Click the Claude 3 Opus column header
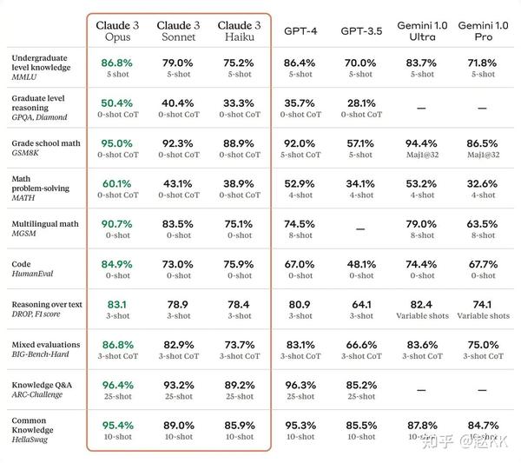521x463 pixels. click(117, 30)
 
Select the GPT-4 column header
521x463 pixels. click(300, 30)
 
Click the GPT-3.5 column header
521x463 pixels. click(360, 30)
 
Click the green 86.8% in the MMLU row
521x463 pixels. click(117, 63)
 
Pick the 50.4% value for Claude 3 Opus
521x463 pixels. click(117, 103)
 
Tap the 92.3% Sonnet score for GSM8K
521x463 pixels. click(178, 143)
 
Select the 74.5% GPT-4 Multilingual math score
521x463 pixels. click(300, 223)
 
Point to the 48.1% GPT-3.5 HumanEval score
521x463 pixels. click(360, 264)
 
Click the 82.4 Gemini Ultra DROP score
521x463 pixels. click(421, 304)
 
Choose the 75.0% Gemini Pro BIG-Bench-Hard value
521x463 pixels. click(483, 345)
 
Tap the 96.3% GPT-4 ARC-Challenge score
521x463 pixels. click(300, 385)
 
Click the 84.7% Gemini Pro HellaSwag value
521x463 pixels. click(483, 425)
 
